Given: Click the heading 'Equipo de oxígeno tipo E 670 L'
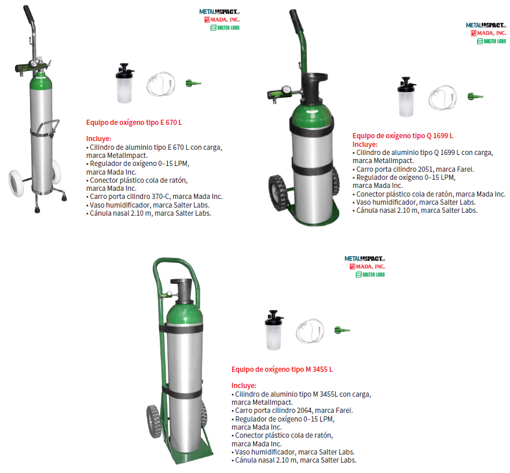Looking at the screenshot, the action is [x=134, y=123].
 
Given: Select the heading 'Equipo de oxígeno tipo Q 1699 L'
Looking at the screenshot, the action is [x=403, y=136].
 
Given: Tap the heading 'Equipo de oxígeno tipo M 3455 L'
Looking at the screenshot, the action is [x=282, y=369].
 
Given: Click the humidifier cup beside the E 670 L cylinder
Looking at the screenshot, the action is [x=124, y=83].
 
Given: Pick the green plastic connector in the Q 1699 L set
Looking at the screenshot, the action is [x=475, y=96].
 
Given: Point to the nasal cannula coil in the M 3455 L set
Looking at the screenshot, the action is [x=310, y=331].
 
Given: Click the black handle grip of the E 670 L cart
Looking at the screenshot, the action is [x=28, y=14].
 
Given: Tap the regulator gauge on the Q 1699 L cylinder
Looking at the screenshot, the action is [x=287, y=89].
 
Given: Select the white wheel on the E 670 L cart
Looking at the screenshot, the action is [x=16, y=183].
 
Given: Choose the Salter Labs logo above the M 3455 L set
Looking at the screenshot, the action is [x=370, y=275].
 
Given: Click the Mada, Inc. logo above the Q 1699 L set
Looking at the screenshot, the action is [x=489, y=33].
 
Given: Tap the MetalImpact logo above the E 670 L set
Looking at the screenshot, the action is [x=219, y=12].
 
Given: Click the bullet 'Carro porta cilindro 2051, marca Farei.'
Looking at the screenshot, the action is [x=413, y=169].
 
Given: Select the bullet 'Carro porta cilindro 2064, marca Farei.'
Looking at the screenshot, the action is [x=292, y=411].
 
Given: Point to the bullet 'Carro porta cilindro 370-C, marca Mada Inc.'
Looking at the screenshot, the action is [x=154, y=197].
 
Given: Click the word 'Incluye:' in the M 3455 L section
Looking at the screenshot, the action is [x=244, y=386].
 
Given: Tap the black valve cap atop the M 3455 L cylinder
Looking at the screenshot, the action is [x=182, y=290].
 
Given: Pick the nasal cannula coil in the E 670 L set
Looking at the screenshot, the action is [x=161, y=84].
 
